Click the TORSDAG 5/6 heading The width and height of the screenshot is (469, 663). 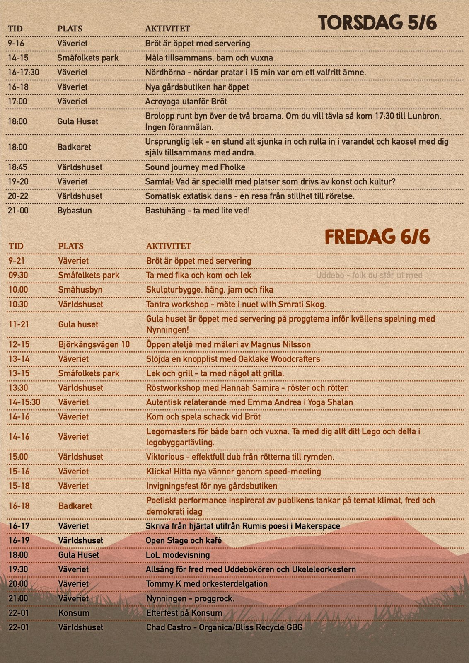(377, 22)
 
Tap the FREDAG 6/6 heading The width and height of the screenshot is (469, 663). (377, 237)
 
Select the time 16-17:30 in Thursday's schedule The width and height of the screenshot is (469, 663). (23, 73)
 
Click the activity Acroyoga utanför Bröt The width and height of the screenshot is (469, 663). (186, 102)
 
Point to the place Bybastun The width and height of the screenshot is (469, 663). (75, 211)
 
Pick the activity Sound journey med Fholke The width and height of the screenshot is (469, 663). (195, 167)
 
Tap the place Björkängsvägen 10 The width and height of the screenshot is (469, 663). (94, 344)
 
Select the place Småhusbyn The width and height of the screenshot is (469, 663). (80, 290)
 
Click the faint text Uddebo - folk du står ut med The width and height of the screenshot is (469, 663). (369, 275)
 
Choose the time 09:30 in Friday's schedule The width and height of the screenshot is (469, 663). (18, 275)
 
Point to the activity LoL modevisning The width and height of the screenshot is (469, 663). (177, 555)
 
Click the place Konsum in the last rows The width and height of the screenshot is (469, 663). (73, 613)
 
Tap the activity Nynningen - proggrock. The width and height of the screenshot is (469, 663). (190, 598)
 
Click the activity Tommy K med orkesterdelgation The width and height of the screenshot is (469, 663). (206, 584)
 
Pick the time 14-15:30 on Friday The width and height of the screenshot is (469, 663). (24, 402)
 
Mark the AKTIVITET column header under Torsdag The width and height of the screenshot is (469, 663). (167, 29)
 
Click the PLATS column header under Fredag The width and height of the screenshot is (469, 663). (70, 246)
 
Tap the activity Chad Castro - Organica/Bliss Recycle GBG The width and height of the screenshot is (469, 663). (224, 627)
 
